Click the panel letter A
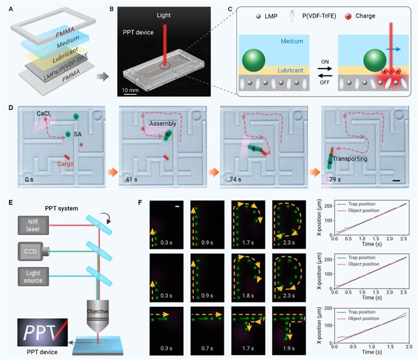pyautogui.click(x=6, y=8)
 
